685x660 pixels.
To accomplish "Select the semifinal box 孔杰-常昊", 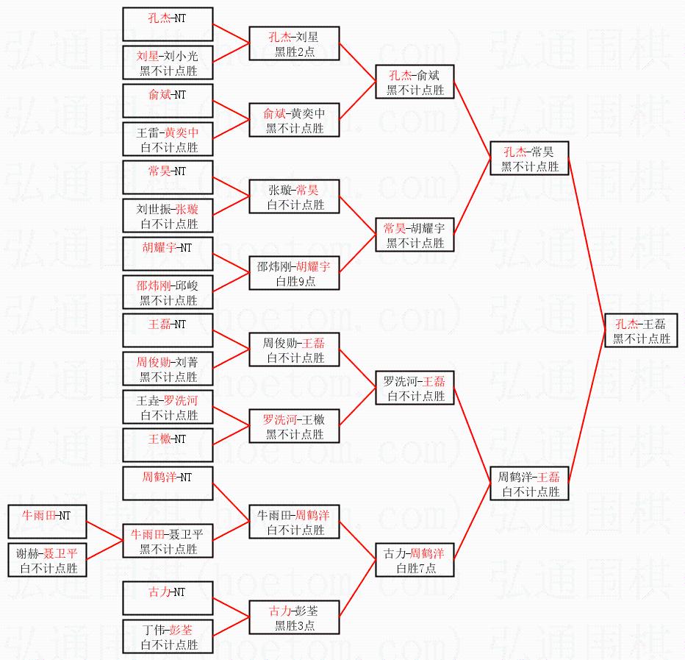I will [529, 159].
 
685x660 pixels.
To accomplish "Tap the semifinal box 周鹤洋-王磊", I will [529, 483].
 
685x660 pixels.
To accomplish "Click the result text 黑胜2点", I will [295, 52].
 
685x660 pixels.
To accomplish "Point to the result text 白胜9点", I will [295, 281].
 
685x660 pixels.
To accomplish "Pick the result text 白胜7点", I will [415, 568].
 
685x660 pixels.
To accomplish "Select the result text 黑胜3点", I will [295, 625].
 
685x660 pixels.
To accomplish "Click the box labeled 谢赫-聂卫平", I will [48, 561].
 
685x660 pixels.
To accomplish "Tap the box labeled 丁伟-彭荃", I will [168, 637].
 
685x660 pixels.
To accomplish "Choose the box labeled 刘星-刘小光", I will [168, 63].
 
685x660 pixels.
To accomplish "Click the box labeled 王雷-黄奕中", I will [168, 140].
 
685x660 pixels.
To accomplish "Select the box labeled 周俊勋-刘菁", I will [168, 369].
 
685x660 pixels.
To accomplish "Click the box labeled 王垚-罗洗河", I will [168, 408].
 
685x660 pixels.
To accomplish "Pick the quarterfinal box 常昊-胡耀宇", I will [415, 235].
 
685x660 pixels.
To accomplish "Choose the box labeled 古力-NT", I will [168, 598].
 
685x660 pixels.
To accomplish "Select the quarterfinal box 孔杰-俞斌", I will [415, 82].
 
